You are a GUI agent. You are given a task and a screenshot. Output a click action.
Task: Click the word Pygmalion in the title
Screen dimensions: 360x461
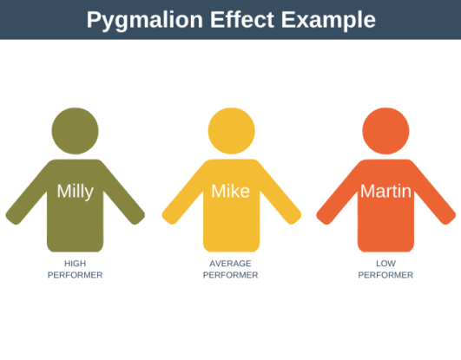point(138,20)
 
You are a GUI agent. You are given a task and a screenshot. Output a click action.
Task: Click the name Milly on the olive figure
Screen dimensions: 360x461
point(76,192)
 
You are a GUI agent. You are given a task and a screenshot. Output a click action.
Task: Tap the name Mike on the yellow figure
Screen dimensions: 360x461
point(231,192)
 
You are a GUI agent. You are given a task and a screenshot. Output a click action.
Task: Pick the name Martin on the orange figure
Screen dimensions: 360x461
point(385,192)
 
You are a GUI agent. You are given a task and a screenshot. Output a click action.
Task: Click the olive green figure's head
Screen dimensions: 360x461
point(76,128)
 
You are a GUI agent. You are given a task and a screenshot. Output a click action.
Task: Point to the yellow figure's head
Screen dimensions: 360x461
point(231,128)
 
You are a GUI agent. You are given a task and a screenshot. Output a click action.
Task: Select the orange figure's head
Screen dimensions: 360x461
point(385,128)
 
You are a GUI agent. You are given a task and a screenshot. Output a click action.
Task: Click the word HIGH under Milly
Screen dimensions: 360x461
point(76,263)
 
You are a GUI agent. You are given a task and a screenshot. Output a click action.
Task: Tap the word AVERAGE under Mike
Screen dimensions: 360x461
point(231,263)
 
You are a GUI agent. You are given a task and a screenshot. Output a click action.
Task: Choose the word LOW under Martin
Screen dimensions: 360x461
point(385,263)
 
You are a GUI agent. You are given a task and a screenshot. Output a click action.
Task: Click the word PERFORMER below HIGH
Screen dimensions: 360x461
point(76,275)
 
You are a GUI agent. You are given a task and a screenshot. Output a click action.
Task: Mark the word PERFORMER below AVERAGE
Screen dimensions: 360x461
point(231,275)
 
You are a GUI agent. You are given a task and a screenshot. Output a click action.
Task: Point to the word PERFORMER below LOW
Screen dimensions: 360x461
point(385,275)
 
